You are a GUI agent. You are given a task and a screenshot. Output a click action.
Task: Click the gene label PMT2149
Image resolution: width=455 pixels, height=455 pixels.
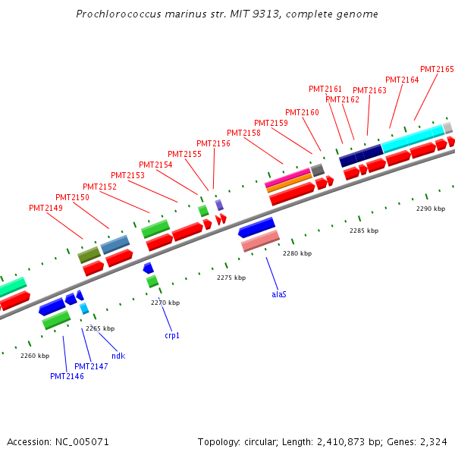pos(45,208)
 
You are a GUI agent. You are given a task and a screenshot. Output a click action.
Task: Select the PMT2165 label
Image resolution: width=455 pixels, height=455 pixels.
pos(437,69)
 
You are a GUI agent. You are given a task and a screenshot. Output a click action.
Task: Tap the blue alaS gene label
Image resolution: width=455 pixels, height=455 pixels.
pos(279,294)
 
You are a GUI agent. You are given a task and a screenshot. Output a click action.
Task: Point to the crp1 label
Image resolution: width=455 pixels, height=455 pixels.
pos(172,335)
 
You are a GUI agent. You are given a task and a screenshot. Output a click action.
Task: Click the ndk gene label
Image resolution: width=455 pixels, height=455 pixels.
pos(118,356)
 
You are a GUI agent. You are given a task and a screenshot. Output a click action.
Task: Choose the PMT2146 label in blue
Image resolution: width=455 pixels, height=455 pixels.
pos(67,376)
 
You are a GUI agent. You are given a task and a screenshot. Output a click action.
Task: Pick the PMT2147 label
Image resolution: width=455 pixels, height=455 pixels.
pos(91,366)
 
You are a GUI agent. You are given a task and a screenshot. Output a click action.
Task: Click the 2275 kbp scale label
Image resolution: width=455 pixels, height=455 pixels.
pos(231,278)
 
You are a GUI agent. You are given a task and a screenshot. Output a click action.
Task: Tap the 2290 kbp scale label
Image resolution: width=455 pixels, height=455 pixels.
pos(431,209)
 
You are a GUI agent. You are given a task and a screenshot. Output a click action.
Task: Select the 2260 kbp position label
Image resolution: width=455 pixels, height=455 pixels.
pos(35,356)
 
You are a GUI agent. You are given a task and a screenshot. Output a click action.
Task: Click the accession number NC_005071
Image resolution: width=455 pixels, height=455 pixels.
pos(82,442)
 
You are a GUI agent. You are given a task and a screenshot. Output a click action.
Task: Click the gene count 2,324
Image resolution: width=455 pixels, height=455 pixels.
pos(434,442)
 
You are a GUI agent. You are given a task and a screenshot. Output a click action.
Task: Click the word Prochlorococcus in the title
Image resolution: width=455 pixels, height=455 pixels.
pos(119,14)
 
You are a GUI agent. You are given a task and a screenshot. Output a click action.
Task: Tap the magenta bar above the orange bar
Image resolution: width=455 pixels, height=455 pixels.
pos(287,177)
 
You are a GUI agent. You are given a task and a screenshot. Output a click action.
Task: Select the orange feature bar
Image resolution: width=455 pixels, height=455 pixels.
pos(290,183)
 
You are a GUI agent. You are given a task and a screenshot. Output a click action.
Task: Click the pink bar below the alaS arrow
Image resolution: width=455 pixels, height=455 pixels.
pos(260,241)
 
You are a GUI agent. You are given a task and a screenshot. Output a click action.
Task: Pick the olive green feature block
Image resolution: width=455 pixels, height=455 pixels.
pos(89,255)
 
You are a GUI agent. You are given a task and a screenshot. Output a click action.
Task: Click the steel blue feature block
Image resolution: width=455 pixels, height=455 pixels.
pos(115,245)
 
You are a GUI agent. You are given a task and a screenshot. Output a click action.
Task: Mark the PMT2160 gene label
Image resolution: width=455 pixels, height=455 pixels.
pos(302,112)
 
